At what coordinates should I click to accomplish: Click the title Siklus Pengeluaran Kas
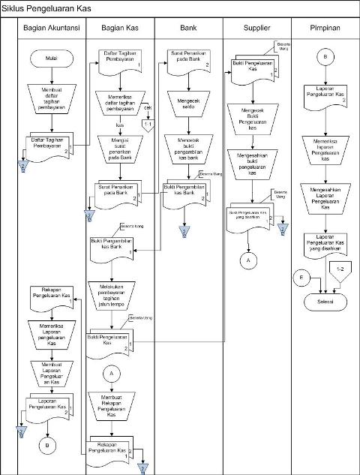click(x=45, y=7)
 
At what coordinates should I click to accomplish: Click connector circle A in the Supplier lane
click(x=250, y=260)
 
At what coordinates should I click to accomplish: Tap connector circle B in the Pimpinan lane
click(x=325, y=58)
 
